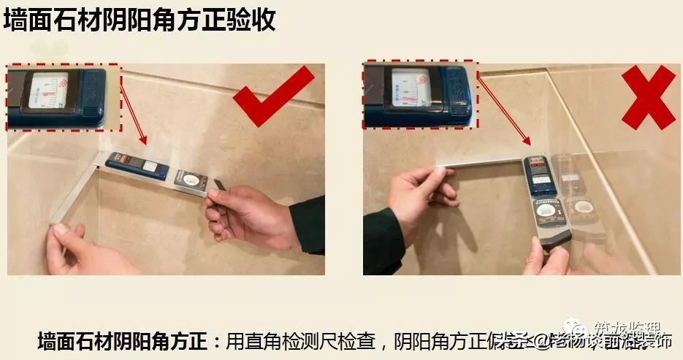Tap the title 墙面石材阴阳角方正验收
(x=140, y=20)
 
